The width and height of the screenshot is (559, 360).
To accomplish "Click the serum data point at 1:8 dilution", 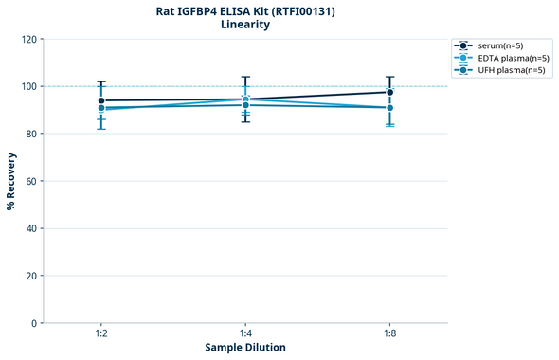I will click(x=389, y=92).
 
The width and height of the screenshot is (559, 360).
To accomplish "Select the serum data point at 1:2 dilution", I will click(x=101, y=100).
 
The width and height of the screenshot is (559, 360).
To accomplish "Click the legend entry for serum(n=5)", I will click(x=500, y=45).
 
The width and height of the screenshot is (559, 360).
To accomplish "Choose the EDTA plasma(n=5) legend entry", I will click(x=500, y=58).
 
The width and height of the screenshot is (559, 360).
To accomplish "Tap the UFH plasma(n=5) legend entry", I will click(x=500, y=70).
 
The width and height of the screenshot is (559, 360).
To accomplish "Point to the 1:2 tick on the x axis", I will click(x=101, y=333).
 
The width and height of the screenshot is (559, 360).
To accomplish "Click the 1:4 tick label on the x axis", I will click(x=245, y=333).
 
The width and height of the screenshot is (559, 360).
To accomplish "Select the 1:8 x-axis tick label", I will click(x=389, y=333).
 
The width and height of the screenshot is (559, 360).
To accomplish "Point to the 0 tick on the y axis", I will click(x=33, y=323).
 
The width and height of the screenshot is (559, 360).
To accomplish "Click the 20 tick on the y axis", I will click(x=30, y=276).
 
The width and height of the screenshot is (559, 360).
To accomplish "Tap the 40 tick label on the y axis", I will click(x=30, y=228).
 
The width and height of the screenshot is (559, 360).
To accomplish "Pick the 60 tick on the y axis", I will click(x=30, y=181).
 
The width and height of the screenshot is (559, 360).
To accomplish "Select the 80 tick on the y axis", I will click(x=30, y=134).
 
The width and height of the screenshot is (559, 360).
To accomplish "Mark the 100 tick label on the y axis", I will click(x=27, y=86).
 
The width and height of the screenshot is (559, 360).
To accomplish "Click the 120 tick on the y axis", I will click(x=27, y=40).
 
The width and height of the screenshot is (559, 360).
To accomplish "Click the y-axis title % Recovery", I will click(x=11, y=181).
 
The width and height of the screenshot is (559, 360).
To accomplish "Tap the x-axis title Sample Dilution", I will click(x=245, y=348).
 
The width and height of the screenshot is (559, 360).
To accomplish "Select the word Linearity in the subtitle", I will click(x=244, y=25).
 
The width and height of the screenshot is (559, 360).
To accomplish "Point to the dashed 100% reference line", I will click(x=313, y=86).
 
